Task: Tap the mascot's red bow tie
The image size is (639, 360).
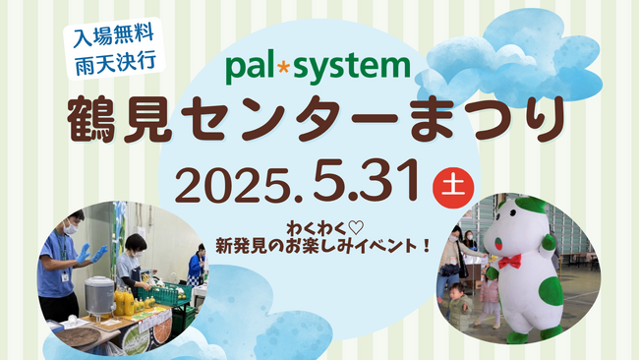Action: [x=509, y=262]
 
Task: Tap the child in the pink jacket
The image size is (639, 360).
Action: [x=484, y=294]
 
